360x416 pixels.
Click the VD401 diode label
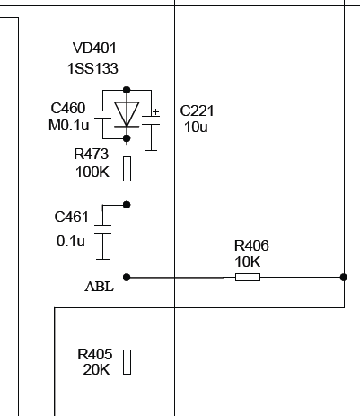94,48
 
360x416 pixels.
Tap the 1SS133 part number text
92,68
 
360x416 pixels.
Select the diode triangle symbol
127,114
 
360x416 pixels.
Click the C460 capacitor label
68,108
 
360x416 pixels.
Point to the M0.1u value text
69,125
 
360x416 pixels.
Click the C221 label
197,111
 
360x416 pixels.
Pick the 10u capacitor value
196,127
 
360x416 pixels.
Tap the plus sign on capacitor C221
155,112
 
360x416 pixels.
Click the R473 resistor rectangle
127,169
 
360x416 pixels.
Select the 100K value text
92,173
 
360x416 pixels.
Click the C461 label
72,217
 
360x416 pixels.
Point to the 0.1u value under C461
71,241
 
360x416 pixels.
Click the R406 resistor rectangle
248,277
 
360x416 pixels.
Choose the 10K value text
248,261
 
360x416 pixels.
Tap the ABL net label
100,287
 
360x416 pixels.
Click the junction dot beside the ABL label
127,277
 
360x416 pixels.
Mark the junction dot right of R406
344,277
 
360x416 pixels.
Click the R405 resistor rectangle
127,362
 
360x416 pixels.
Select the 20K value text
96,370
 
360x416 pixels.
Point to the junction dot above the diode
127,90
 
